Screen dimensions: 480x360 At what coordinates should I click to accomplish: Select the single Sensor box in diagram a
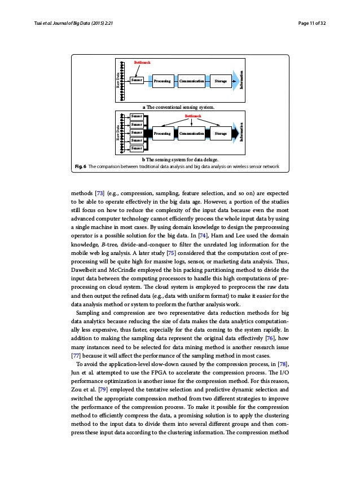136,81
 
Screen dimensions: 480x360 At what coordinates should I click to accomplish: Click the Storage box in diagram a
221,81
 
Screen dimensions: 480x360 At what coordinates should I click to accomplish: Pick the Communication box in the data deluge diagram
191,134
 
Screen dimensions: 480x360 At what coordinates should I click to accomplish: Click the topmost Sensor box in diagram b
136,116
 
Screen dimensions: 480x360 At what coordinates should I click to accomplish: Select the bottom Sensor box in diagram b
136,148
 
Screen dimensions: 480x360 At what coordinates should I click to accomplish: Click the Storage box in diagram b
221,134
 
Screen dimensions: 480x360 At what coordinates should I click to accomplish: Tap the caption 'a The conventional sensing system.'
180,106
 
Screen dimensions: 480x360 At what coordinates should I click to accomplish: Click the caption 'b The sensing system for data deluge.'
180,160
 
